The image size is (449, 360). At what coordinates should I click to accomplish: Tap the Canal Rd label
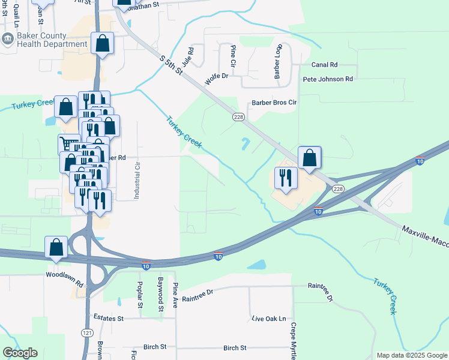coord(324,64)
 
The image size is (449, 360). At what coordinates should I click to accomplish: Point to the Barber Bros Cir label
coord(274,103)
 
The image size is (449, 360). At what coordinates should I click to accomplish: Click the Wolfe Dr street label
coord(217,78)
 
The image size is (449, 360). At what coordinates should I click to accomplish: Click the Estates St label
coord(108,318)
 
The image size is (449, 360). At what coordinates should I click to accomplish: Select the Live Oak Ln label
coord(269,319)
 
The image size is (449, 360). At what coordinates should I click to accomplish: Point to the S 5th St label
coord(171,65)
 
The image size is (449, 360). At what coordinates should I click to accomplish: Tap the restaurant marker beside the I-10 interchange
coord(285,178)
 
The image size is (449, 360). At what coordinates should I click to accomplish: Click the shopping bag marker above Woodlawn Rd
coord(56,247)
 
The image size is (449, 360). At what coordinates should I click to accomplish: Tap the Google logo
coord(20,353)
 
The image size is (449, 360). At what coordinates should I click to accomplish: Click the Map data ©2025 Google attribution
coord(411,355)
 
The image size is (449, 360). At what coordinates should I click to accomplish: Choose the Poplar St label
coord(140,295)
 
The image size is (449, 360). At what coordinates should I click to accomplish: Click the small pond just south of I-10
coord(256,265)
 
